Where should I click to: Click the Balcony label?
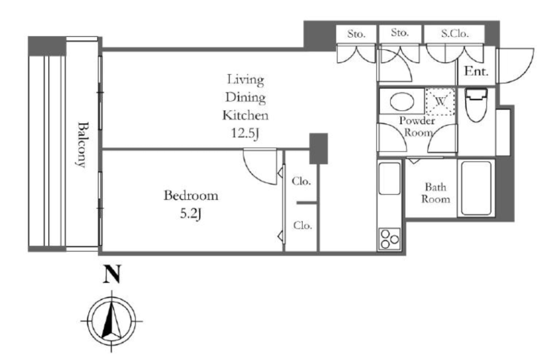pyautogui.click(x=82, y=145)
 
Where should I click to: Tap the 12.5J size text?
pyautogui.click(x=246, y=133)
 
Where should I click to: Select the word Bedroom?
pyautogui.click(x=191, y=195)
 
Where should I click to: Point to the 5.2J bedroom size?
pyautogui.click(x=191, y=214)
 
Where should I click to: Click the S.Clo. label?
pyautogui.click(x=455, y=33)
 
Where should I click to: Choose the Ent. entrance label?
pyautogui.click(x=476, y=71)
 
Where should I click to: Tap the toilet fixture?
pyautogui.click(x=476, y=105)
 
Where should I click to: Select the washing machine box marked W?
pyautogui.click(x=440, y=101)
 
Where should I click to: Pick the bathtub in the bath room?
pyautogui.click(x=476, y=188)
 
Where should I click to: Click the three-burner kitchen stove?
pyautogui.click(x=390, y=239)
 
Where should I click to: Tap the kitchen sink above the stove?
pyautogui.click(x=389, y=179)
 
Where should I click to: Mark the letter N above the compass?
pyautogui.click(x=112, y=274)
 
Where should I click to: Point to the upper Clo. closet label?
pyautogui.click(x=301, y=181)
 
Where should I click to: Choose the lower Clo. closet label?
pyautogui.click(x=302, y=225)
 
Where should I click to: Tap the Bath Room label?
pyautogui.click(x=436, y=193)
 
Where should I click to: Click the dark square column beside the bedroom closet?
pyautogui.click(x=319, y=148)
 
